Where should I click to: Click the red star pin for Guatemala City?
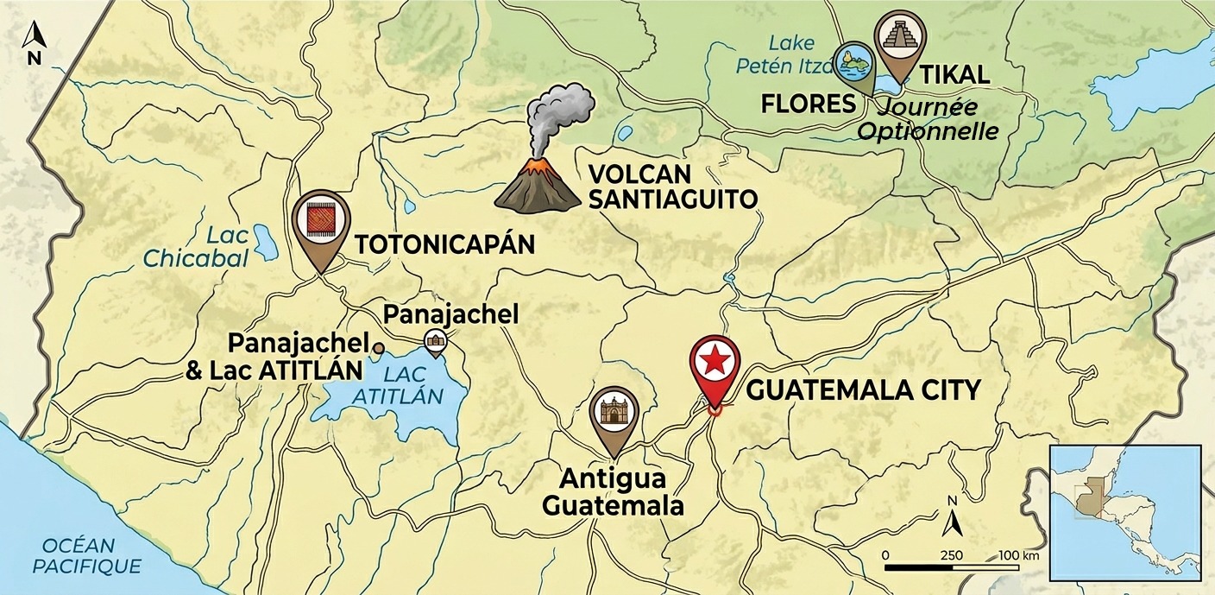(715, 364)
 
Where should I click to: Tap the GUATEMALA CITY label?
(863, 390)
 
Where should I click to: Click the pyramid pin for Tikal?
(899, 42)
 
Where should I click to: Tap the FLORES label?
(808, 104)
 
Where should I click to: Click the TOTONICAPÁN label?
(445, 244)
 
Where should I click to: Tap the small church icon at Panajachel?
(435, 343)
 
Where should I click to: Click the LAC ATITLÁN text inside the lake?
(412, 385)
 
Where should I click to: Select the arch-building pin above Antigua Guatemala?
(614, 411)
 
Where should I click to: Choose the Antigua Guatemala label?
(613, 491)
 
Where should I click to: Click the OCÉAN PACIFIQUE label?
(91, 555)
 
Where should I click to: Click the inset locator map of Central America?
(1124, 511)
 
